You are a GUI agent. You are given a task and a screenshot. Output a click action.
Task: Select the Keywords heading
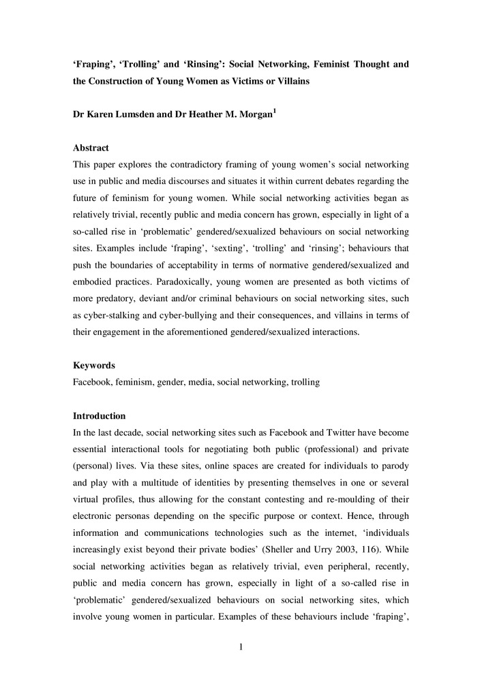[x=94, y=365]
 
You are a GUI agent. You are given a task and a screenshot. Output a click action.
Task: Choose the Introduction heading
[x=100, y=415]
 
